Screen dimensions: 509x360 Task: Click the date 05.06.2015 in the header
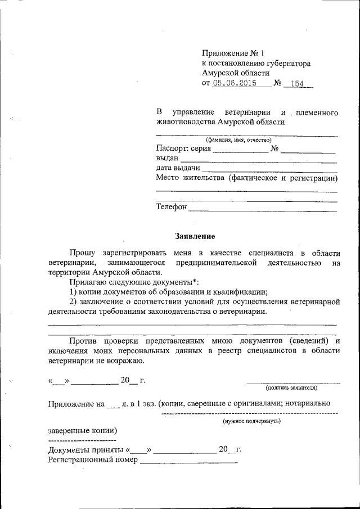click(x=235, y=83)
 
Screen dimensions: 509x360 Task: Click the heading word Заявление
click(x=195, y=236)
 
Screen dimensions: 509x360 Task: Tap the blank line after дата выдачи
click(x=269, y=170)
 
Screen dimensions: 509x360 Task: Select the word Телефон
click(x=171, y=207)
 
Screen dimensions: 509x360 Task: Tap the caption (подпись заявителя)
click(x=291, y=388)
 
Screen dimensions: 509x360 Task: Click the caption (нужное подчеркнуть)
click(x=251, y=420)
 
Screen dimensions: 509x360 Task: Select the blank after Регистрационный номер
click(x=188, y=462)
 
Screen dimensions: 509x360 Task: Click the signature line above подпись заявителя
click(x=293, y=382)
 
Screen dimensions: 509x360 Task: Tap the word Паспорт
click(x=173, y=149)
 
